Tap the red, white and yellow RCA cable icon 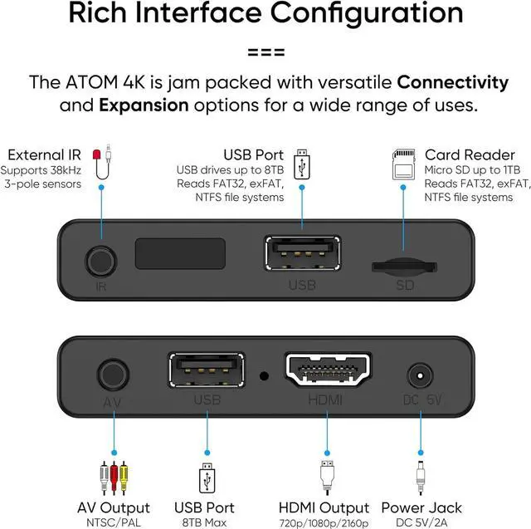click(x=113, y=474)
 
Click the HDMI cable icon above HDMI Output click(x=327, y=474)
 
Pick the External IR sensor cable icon click(x=103, y=164)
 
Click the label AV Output click(x=114, y=507)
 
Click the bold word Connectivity click(x=452, y=82)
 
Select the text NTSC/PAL click(x=114, y=523)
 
